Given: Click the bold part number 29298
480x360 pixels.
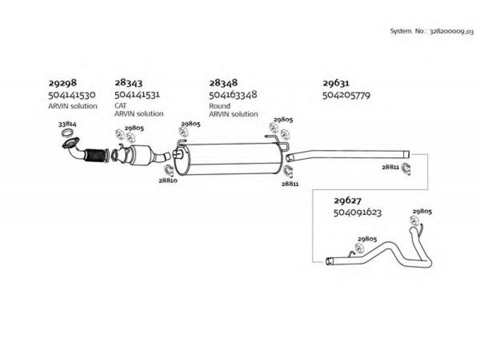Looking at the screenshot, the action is click(63, 83).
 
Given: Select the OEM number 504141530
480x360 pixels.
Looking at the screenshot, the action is click(72, 95).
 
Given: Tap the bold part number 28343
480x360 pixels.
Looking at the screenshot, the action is click(128, 83).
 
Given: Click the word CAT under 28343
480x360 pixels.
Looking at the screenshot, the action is click(121, 106).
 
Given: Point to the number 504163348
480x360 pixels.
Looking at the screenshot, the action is click(233, 95).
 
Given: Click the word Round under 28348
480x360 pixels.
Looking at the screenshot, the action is click(220, 106).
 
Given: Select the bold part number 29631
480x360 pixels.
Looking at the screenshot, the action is click(336, 83).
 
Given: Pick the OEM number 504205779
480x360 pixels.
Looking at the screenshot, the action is click(346, 95).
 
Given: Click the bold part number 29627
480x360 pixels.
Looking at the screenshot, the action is click(347, 201).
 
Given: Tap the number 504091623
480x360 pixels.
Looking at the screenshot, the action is click(358, 212).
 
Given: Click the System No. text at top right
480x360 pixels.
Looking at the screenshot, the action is click(431, 31).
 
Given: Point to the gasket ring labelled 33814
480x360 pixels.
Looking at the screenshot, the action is click(67, 133).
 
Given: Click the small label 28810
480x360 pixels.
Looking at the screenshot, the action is click(168, 181).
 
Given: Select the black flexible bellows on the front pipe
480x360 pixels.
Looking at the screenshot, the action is click(96, 155).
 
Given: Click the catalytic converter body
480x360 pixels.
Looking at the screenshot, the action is click(141, 155).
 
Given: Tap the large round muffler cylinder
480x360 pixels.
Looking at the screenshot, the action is click(229, 159).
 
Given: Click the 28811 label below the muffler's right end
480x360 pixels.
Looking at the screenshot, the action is click(290, 184).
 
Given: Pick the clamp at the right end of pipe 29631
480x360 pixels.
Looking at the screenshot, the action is click(406, 169).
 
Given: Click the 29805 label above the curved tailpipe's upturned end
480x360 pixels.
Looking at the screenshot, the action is click(422, 212).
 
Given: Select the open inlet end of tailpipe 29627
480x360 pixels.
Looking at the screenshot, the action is click(329, 262).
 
